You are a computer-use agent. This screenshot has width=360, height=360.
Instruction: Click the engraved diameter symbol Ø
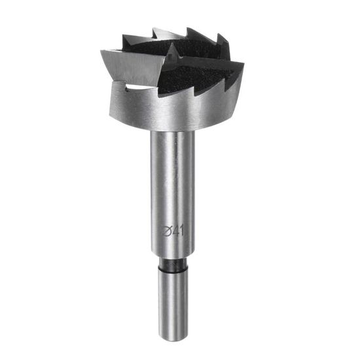point(166,232)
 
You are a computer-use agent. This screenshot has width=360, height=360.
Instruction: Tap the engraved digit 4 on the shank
point(175,232)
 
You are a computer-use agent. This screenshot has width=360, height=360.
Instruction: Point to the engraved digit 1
point(181,231)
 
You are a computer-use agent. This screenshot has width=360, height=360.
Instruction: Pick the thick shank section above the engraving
point(173,179)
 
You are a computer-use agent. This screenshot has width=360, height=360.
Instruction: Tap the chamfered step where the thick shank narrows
point(173,254)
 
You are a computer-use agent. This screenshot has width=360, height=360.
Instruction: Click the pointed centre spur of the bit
point(172,50)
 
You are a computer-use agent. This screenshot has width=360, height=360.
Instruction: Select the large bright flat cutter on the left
point(133,67)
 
